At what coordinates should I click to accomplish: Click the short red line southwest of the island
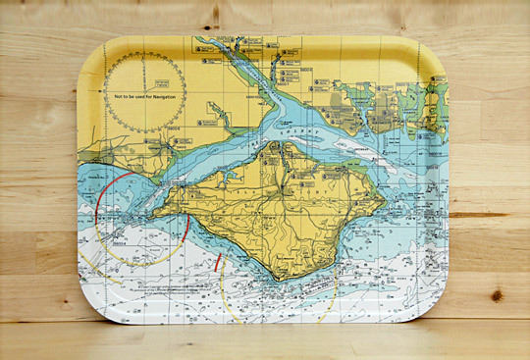click(217, 263)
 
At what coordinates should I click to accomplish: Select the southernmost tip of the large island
click(282, 278)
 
